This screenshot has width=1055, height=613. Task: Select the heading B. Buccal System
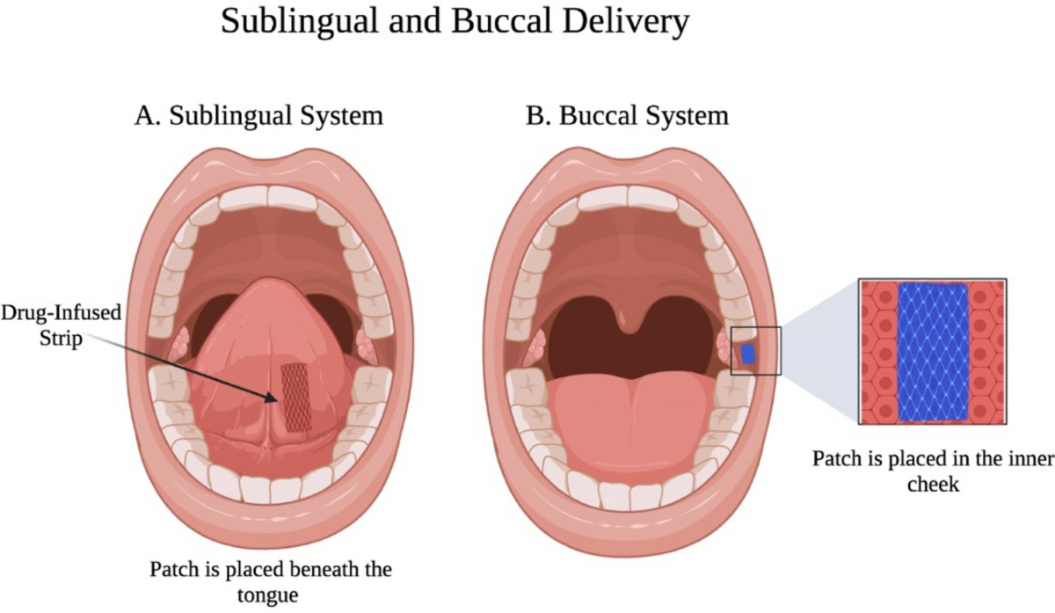[x=627, y=115]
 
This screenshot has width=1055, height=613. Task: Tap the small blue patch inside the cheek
[x=748, y=354]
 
